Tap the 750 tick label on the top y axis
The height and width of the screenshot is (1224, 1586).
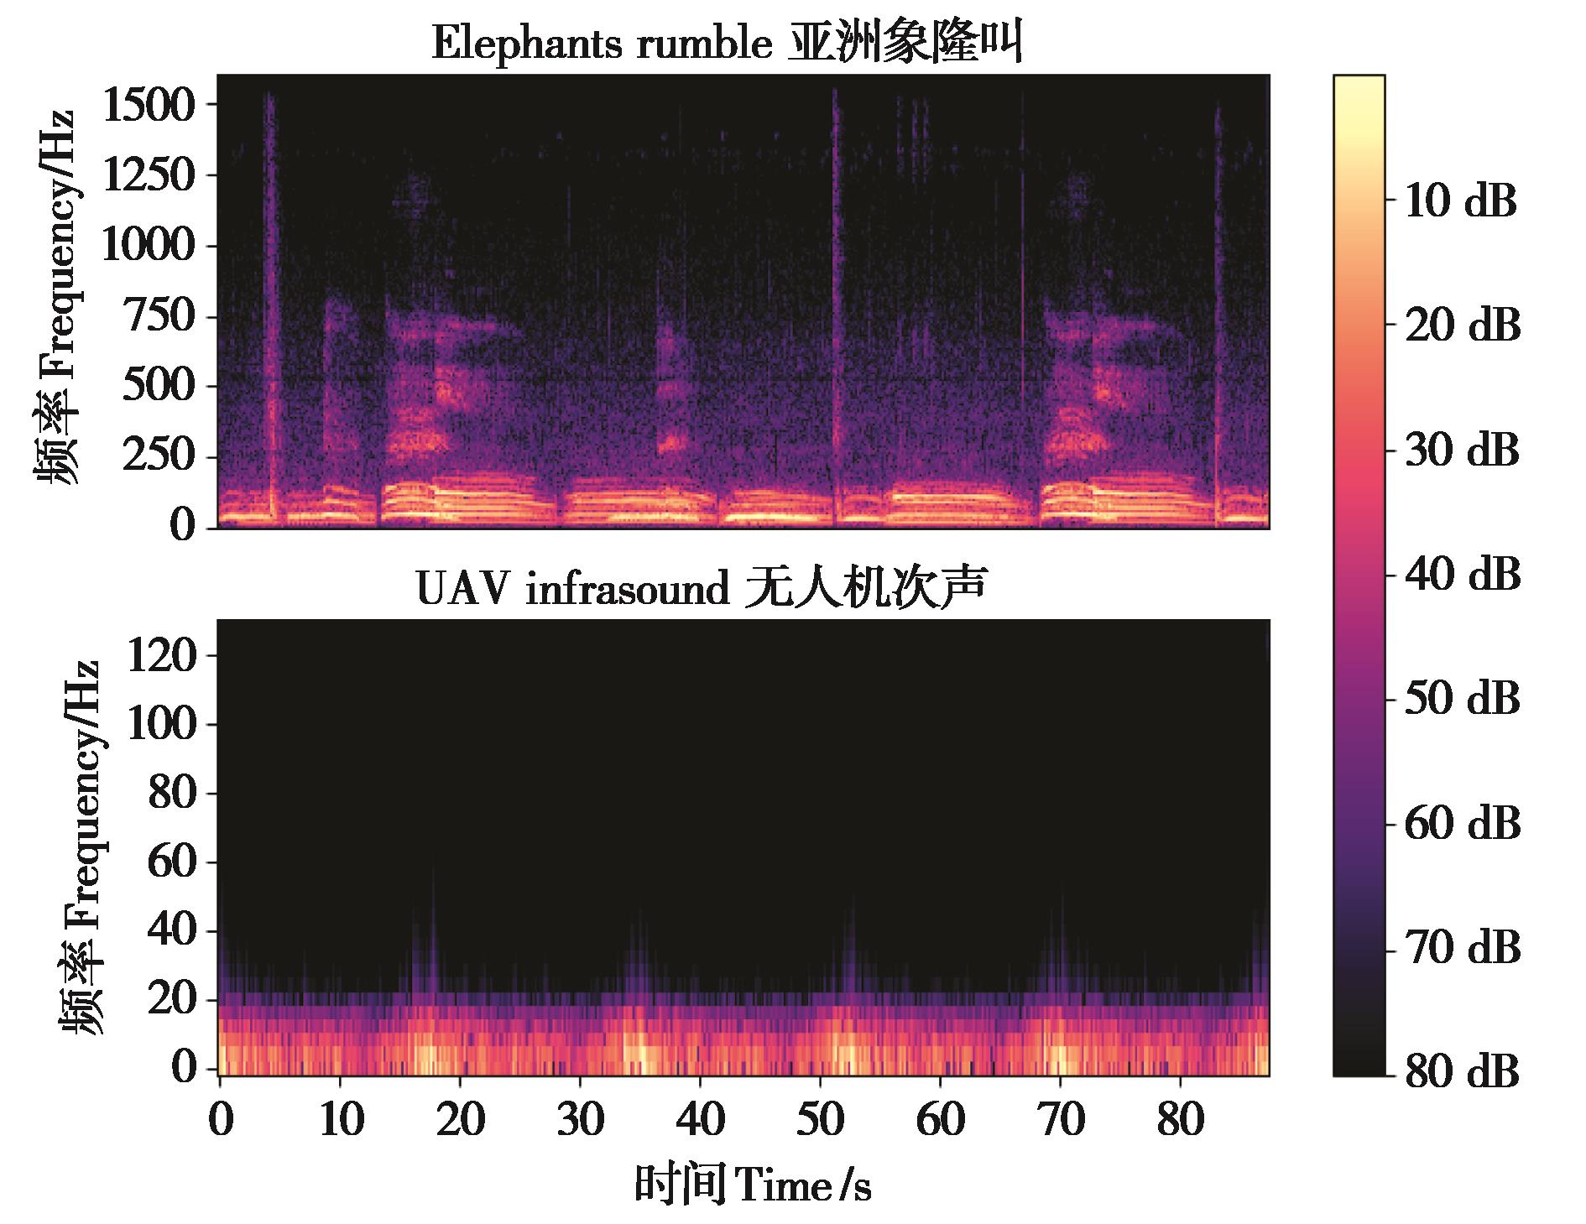(159, 317)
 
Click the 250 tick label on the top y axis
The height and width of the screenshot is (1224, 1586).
(159, 457)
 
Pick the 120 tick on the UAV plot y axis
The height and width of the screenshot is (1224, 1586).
(161, 655)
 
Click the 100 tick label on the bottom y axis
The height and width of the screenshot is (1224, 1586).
(161, 725)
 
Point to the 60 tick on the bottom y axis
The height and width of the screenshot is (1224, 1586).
(172, 862)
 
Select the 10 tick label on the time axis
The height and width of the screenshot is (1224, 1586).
(341, 1119)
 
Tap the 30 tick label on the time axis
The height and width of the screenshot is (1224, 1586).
(581, 1119)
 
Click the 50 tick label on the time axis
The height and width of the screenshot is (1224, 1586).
(821, 1119)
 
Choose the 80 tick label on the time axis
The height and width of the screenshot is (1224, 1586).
(1180, 1119)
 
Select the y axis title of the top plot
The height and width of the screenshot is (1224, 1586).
(57, 298)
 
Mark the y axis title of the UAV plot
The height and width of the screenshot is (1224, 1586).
(81, 847)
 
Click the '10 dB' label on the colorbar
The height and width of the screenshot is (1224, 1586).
(1460, 202)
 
